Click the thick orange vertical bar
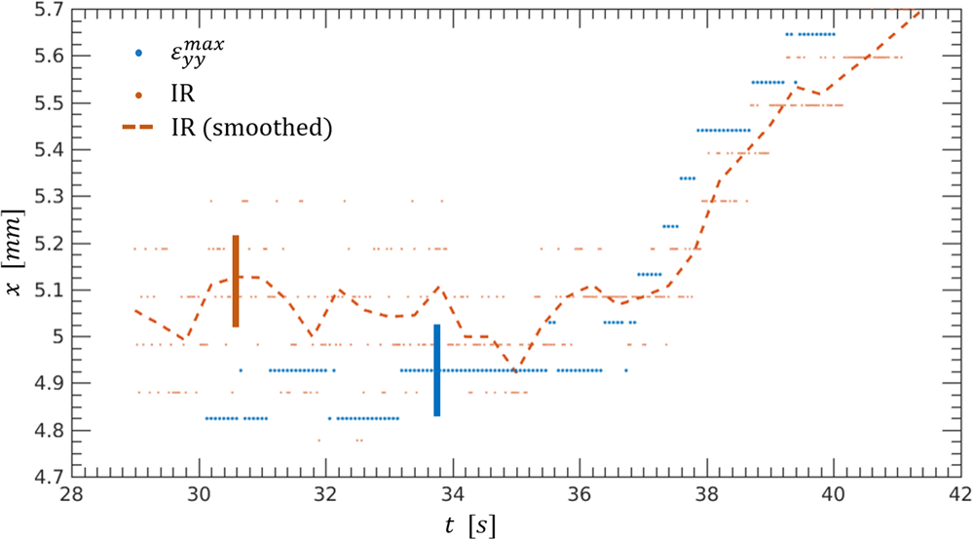point(236,281)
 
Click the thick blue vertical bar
point(437,370)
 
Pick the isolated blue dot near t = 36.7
point(626,370)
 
